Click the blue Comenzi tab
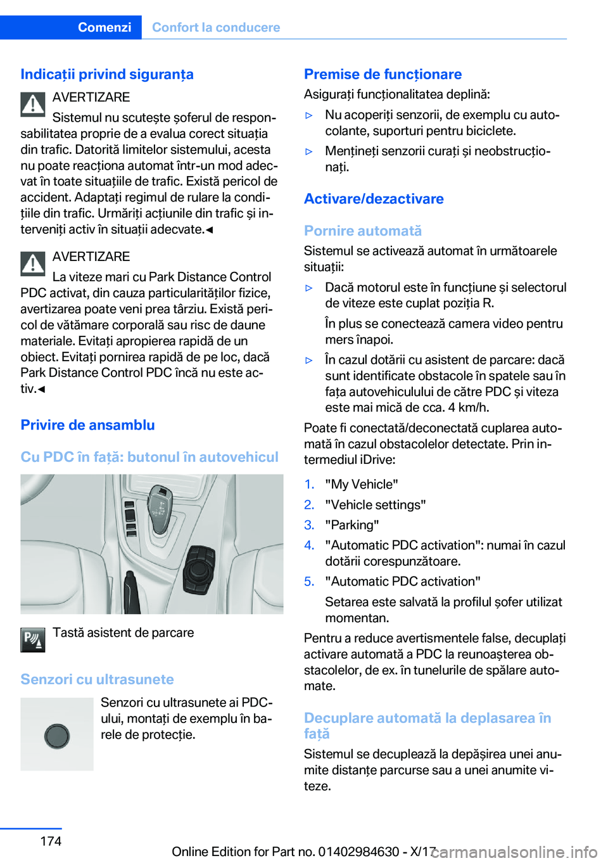click(x=104, y=27)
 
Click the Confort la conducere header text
click(x=216, y=27)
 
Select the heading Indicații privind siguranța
click(x=107, y=74)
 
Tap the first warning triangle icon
click(x=32, y=105)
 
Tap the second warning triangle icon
click(x=32, y=264)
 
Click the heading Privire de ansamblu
click(x=87, y=425)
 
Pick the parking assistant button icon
click(x=32, y=640)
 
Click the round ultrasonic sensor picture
click(x=57, y=735)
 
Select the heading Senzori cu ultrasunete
click(x=97, y=679)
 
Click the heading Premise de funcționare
click(x=383, y=74)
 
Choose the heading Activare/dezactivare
click(x=374, y=199)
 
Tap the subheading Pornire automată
click(x=363, y=231)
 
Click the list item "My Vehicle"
click(x=362, y=485)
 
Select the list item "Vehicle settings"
click(x=376, y=505)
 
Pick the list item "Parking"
click(x=352, y=525)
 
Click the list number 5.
click(x=309, y=582)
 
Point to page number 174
click(x=51, y=841)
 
